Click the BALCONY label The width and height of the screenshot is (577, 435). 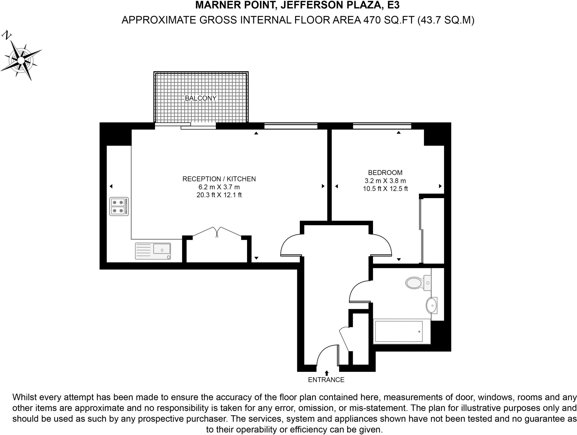(201, 98)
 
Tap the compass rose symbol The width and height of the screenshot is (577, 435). (21, 60)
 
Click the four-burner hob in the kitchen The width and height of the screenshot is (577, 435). (119, 207)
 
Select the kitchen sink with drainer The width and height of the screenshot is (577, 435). (153, 251)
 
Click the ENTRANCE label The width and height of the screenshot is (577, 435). (326, 380)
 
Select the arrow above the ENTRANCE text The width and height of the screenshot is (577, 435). (327, 373)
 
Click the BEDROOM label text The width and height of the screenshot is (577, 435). (385, 172)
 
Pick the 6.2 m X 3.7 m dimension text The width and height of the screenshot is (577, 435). (219, 187)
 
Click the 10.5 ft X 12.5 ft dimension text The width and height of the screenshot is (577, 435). (385, 189)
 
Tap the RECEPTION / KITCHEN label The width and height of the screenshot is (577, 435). (219, 179)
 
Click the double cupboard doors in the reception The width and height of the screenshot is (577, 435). (217, 232)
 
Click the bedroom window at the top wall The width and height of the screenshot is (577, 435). (382, 126)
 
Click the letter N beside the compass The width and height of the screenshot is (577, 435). (7, 36)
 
